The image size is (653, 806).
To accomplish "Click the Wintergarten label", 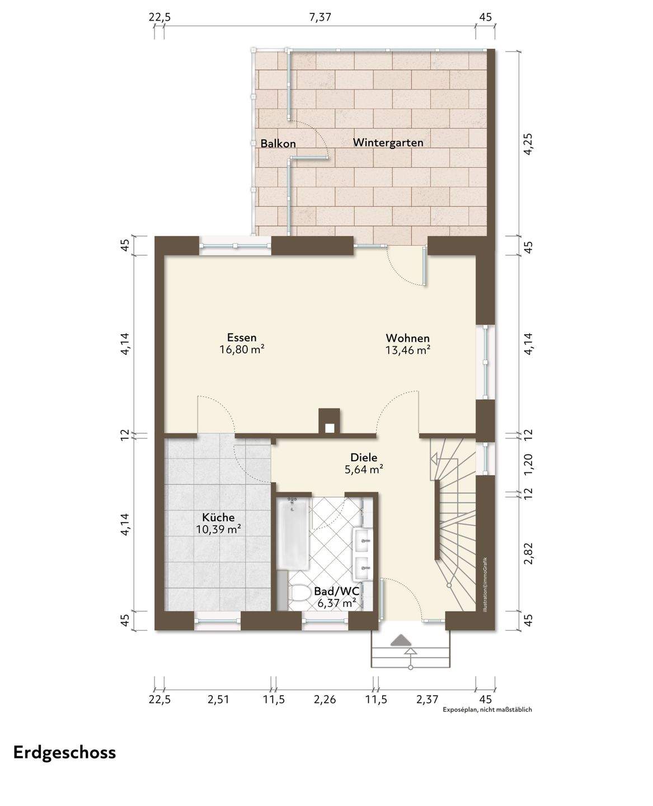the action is point(388,143).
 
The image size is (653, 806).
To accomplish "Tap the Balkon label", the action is point(278,143).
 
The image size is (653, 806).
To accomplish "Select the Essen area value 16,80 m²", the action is point(242,349).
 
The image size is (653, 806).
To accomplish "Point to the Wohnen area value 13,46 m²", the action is point(408,350).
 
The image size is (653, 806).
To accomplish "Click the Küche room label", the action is point(218,517).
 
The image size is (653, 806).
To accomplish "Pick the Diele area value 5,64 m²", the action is point(364,470).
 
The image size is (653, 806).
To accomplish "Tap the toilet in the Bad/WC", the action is point(300,592).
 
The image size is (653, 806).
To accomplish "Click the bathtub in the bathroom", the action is point(293,534).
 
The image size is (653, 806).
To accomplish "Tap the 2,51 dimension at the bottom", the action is point(218,700).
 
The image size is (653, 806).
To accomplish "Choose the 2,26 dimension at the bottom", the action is point(325,700).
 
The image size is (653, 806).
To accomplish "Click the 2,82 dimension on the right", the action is point(529,553).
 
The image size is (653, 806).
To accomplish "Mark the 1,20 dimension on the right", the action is point(529,462).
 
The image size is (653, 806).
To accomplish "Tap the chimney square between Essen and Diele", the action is point(330,421).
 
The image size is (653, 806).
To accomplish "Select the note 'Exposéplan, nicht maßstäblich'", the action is point(487,710).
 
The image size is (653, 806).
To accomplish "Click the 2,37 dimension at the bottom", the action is point(427,700).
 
